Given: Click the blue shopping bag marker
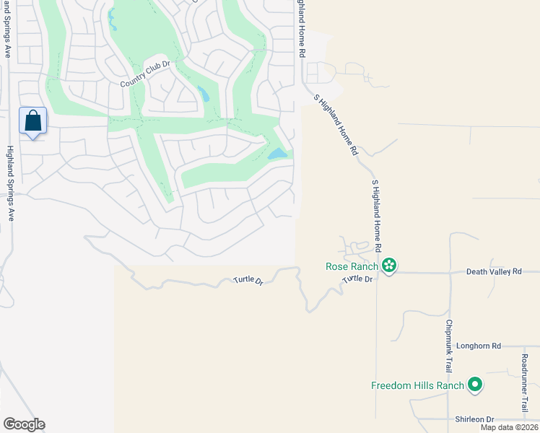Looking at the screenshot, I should [33, 121].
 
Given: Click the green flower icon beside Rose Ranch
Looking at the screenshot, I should [389, 266].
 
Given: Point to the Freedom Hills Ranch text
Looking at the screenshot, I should [417, 385].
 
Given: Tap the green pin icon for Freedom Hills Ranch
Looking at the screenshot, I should [475, 385].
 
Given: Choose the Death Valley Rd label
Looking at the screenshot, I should [494, 271].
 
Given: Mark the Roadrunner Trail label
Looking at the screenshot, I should [525, 382].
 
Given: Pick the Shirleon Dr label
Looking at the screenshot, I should [474, 419].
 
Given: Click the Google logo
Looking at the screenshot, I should [24, 424].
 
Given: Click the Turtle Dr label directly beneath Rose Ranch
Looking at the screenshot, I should [357, 279].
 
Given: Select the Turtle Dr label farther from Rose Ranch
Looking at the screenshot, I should [246, 281].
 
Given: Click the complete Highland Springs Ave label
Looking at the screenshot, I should [10, 183].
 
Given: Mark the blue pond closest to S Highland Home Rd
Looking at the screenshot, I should [277, 154].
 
